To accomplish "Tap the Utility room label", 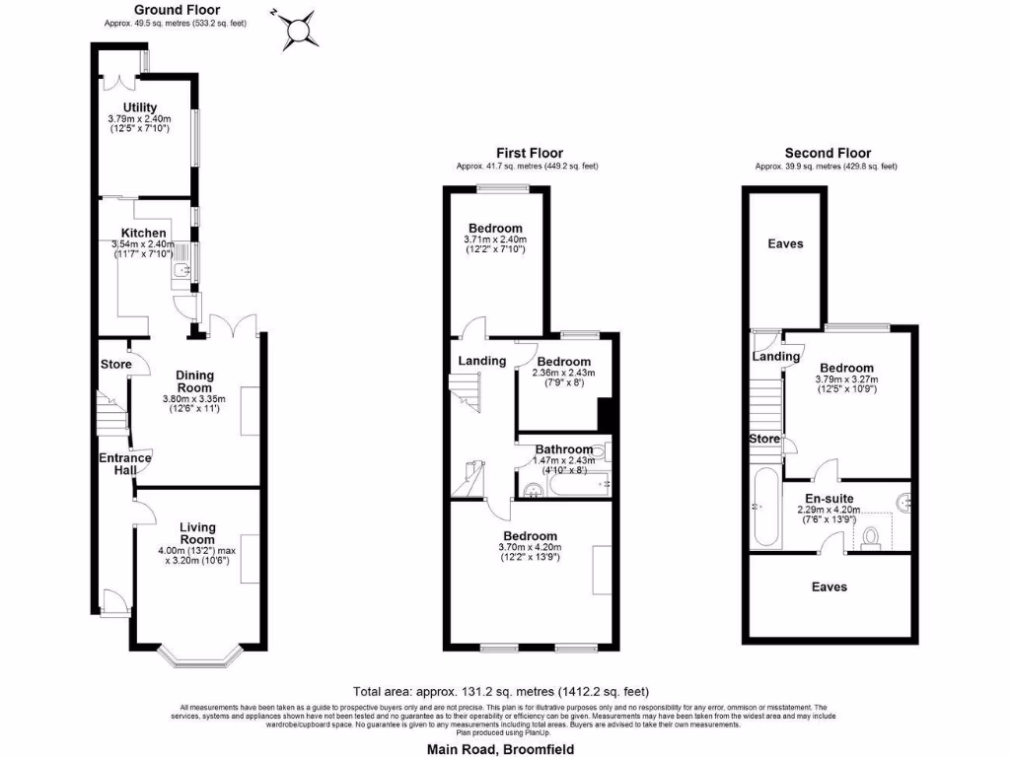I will click(x=140, y=107).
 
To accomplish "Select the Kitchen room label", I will click(x=143, y=233).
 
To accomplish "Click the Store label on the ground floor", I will click(x=115, y=366).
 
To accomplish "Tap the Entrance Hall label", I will click(x=124, y=465).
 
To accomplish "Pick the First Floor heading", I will click(x=528, y=153).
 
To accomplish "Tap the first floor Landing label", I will click(x=481, y=361).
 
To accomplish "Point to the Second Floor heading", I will click(x=828, y=153).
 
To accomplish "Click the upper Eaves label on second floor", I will click(x=786, y=243).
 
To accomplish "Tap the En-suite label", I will click(x=829, y=498).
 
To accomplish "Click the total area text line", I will click(x=500, y=692).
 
